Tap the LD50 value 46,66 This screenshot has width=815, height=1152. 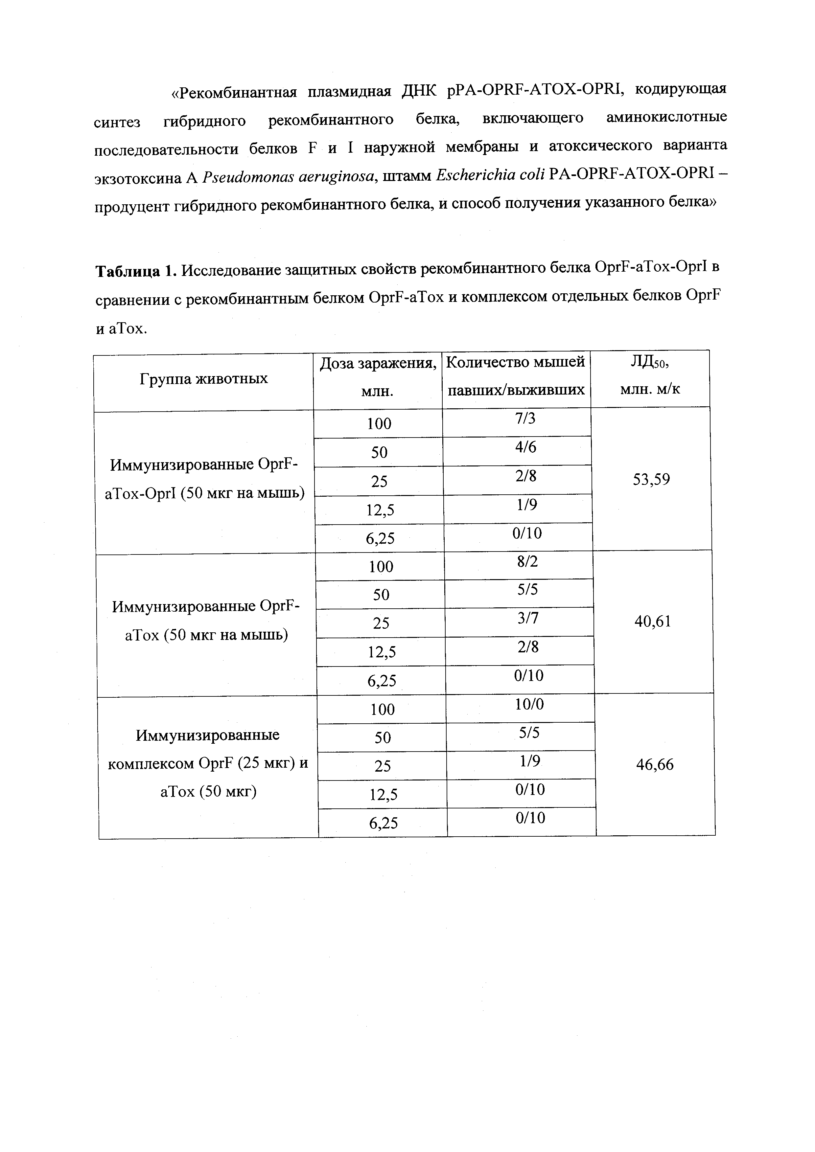tap(654, 765)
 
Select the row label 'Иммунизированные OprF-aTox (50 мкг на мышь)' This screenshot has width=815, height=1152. tap(206, 621)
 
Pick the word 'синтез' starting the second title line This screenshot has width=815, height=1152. tap(117, 122)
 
